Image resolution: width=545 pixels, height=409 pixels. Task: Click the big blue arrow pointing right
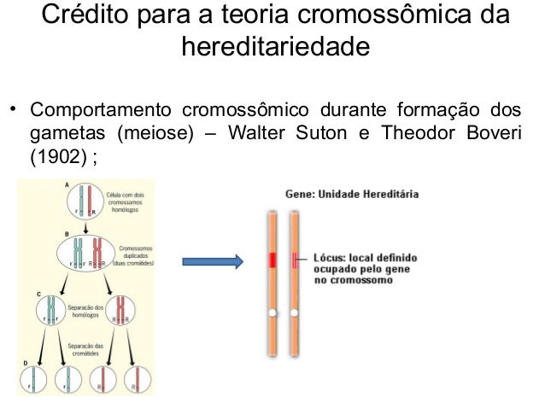point(211,262)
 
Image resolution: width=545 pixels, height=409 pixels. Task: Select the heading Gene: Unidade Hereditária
point(352,195)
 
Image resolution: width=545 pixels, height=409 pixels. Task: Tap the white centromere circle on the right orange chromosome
point(295,313)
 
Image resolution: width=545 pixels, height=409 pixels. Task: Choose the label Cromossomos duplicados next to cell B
point(132,253)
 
